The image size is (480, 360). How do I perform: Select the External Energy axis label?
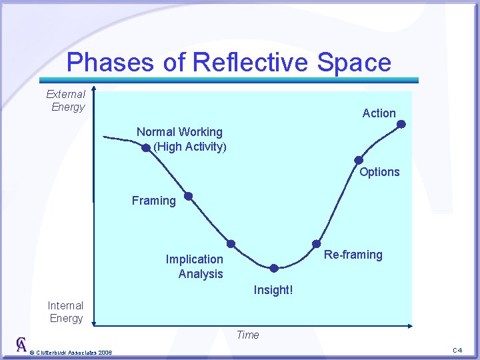(66, 101)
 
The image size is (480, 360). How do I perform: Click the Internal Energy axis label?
(65, 312)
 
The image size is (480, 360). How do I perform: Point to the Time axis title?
(247, 335)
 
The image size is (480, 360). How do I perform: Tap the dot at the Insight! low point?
(273, 268)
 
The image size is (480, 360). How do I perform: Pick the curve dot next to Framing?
(189, 196)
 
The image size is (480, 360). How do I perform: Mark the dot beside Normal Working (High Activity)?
(146, 148)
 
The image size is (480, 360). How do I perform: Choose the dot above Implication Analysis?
(231, 244)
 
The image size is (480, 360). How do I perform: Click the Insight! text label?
(273, 290)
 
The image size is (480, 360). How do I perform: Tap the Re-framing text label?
(353, 255)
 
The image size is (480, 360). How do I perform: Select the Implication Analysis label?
(195, 267)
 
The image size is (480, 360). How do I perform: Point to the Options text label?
(379, 172)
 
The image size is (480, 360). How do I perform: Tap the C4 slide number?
(457, 351)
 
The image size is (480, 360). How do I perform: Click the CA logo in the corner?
(22, 344)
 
